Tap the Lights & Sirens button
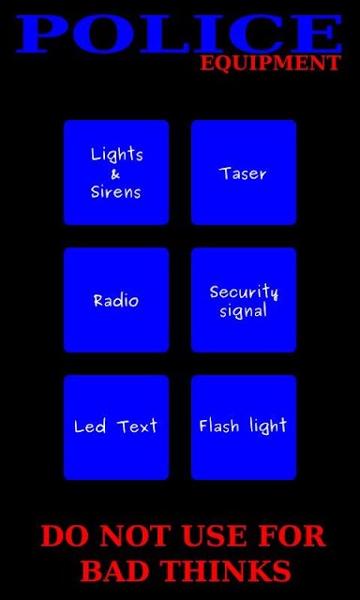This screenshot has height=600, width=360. (116, 172)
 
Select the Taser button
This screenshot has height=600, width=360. (244, 172)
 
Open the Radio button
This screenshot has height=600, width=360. (116, 300)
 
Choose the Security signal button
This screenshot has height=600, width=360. (244, 300)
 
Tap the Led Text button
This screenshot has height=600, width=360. (116, 427)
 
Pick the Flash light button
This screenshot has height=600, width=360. (244, 427)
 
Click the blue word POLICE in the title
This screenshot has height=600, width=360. (179, 34)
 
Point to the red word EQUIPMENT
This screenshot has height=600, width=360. (271, 63)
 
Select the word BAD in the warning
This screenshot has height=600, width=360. (114, 571)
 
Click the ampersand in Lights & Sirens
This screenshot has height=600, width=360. (115, 175)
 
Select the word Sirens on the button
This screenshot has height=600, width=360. (115, 191)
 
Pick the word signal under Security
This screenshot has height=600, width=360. (243, 311)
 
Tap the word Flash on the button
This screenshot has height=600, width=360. (219, 426)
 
